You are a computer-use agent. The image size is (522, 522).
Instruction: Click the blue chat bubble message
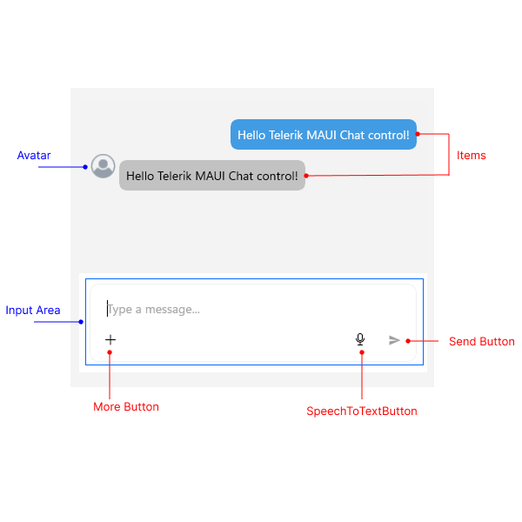point(323,135)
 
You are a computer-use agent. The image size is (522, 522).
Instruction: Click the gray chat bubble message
point(211,176)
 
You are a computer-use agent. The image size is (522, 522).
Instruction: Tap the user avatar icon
point(104,166)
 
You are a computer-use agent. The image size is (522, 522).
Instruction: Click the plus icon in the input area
point(110,340)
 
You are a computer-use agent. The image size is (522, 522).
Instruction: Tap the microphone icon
point(360,339)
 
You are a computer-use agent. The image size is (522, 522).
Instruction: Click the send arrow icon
point(394,340)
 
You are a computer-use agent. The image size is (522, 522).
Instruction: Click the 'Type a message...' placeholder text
point(155,310)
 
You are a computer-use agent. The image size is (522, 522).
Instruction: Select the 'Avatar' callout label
point(34,156)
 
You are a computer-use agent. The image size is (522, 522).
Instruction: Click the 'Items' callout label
point(472,156)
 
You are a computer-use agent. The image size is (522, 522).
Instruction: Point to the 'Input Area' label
point(33,311)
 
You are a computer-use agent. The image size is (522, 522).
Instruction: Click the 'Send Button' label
point(481,342)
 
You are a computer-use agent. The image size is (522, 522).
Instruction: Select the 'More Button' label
point(126,406)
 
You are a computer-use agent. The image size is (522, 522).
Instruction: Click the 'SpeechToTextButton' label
point(362,412)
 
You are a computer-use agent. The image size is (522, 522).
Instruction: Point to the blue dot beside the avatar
point(85,166)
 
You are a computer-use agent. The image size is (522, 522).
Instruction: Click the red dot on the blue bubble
point(418,134)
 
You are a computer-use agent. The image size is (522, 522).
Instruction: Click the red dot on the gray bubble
point(306,176)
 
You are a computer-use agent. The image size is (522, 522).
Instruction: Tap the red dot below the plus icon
point(110,352)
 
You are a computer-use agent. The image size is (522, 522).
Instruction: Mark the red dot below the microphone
point(362,352)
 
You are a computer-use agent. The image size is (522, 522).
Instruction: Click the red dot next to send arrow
point(408,341)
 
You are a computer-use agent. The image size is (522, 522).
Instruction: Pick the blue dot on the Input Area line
point(81,322)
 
